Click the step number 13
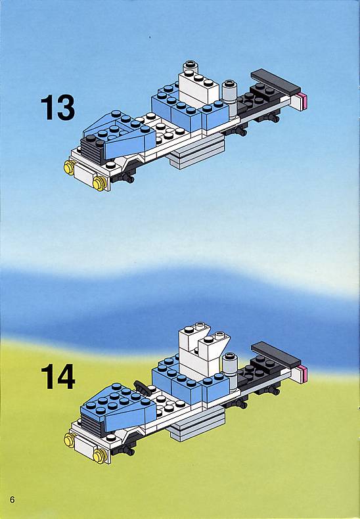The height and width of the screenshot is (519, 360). click(58, 107)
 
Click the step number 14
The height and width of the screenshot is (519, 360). click(58, 376)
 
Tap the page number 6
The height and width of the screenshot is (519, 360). click(12, 499)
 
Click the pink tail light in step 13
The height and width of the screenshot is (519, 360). click(302, 101)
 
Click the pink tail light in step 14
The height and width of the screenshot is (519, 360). click(302, 374)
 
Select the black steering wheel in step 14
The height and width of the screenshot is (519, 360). click(141, 387)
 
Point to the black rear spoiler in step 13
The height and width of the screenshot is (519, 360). click(276, 81)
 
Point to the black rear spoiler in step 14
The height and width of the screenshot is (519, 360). click(276, 355)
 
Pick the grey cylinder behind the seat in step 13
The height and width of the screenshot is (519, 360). click(229, 98)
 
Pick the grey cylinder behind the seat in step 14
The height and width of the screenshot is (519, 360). click(229, 370)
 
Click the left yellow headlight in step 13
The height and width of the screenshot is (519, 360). click(70, 168)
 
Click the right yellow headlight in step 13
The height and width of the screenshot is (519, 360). click(99, 183)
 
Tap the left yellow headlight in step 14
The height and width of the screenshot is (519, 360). click(70, 440)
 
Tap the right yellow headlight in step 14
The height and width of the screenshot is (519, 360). click(100, 456)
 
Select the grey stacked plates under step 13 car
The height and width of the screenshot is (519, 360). click(198, 150)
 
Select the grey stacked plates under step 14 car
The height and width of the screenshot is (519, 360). click(197, 424)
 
